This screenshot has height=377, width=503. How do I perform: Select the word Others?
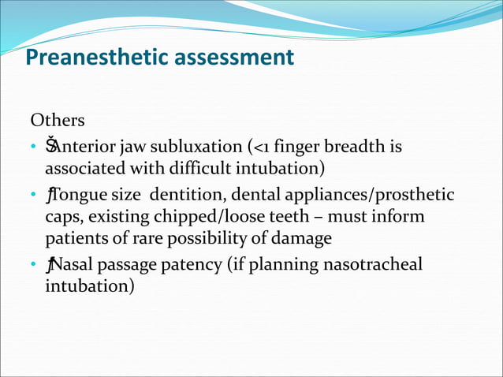click(x=57, y=121)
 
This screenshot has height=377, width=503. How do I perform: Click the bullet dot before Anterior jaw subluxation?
click(x=33, y=147)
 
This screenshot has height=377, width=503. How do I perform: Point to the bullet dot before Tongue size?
click(x=33, y=195)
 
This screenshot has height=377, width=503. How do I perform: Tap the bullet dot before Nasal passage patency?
click(x=33, y=264)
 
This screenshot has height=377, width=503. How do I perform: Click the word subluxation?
click(x=201, y=147)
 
